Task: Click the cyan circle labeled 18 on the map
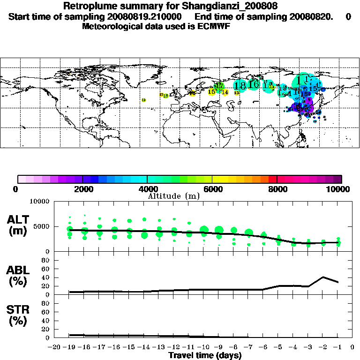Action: pyautogui.click(x=240, y=86)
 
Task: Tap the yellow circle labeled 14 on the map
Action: pyautogui.click(x=225, y=92)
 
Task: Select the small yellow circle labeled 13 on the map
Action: pyautogui.click(x=237, y=93)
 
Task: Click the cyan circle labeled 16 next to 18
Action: pyautogui.click(x=254, y=85)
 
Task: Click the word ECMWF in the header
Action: pyautogui.click(x=215, y=26)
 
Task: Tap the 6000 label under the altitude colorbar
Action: pyautogui.click(x=212, y=189)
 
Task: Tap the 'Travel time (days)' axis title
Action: pyautogui.click(x=205, y=356)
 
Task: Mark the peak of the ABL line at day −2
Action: pyautogui.click(x=323, y=277)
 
